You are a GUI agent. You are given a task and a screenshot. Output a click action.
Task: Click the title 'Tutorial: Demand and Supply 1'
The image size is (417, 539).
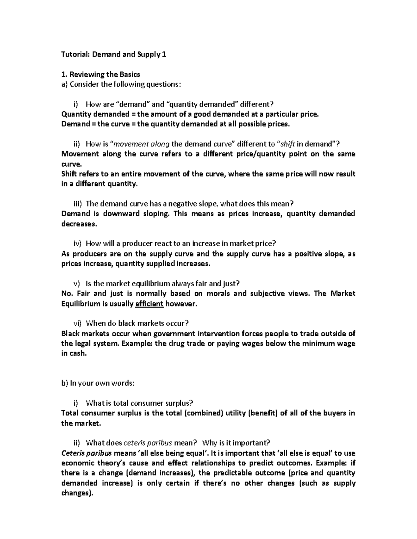[114, 54]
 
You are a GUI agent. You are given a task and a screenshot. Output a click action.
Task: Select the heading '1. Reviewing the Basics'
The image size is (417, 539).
[100, 74]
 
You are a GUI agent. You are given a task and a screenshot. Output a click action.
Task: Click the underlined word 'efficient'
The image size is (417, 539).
[149, 304]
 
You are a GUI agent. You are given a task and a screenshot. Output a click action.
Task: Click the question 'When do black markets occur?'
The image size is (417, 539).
[137, 323]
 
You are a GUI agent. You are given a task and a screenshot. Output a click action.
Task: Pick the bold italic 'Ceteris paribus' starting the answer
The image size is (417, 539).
[86, 453]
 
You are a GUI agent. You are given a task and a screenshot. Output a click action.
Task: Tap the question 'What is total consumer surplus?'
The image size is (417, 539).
[139, 403]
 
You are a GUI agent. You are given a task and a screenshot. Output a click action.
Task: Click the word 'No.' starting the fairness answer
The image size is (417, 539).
[66, 294]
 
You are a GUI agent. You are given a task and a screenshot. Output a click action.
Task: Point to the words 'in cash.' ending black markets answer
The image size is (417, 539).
[73, 354]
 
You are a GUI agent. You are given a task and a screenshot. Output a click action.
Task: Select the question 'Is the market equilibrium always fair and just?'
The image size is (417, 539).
[163, 284]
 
